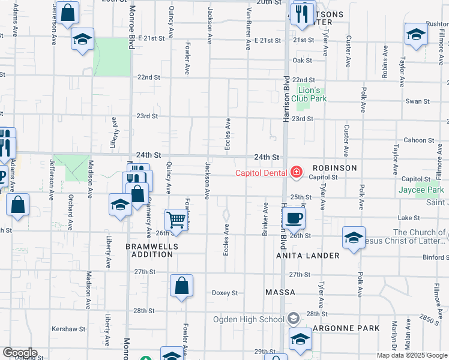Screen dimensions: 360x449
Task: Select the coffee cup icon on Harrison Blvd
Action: [x=294, y=218]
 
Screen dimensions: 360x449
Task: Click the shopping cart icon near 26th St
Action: [x=176, y=220]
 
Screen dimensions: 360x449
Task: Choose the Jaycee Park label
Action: [x=421, y=190]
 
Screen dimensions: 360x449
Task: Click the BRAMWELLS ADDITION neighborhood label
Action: [x=149, y=250]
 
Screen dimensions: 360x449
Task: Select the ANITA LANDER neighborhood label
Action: [x=308, y=256]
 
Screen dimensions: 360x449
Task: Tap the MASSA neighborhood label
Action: [x=280, y=292]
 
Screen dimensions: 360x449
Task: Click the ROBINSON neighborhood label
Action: [x=334, y=168]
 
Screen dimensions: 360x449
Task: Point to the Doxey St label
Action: [x=225, y=293]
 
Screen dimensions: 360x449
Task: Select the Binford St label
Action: [x=435, y=257]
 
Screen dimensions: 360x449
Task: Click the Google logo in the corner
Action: [x=19, y=353]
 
